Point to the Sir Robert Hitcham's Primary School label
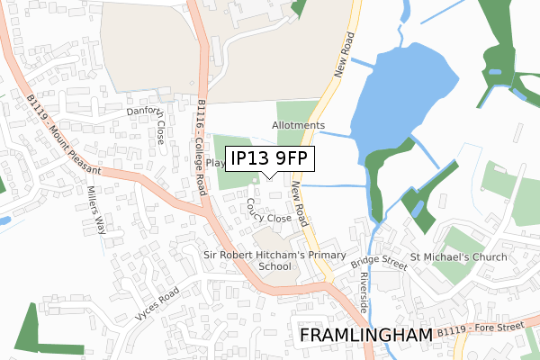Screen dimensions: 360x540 (x=275, y=261)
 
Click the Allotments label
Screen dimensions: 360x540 (x=298, y=125)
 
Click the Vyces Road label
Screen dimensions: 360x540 (x=157, y=305)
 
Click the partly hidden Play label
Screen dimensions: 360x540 (x=214, y=163)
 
